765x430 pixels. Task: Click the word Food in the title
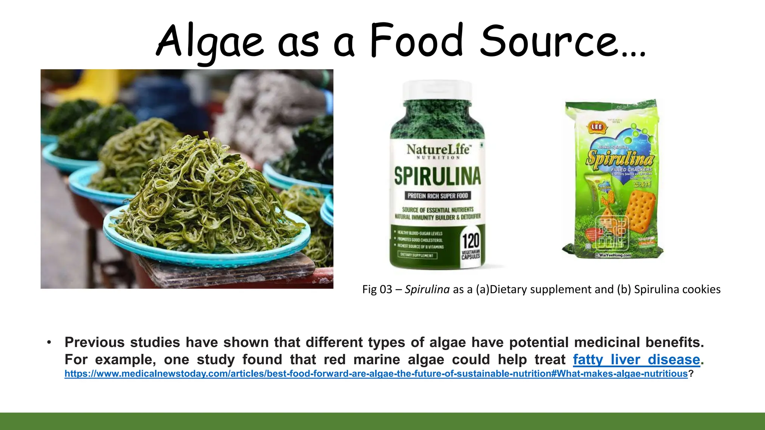pyautogui.click(x=417, y=41)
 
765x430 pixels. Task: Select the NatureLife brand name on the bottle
pyautogui.click(x=438, y=150)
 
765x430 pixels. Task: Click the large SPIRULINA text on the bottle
pyautogui.click(x=437, y=176)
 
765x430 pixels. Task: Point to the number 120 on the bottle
pyautogui.click(x=471, y=241)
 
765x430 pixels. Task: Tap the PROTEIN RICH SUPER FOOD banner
pyautogui.click(x=437, y=196)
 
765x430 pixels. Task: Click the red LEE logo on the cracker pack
pyautogui.click(x=597, y=127)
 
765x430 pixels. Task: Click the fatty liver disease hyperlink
pyautogui.click(x=636, y=359)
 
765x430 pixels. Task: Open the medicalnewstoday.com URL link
pyautogui.click(x=376, y=374)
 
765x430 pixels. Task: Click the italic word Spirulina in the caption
pyautogui.click(x=427, y=289)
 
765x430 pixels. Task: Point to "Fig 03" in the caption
pyautogui.click(x=377, y=289)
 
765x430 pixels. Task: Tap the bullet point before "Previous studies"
pyautogui.click(x=49, y=342)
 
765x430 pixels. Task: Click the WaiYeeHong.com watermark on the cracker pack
pyautogui.click(x=614, y=255)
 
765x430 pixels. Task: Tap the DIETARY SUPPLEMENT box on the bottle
pyautogui.click(x=416, y=255)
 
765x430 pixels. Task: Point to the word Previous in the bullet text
pyautogui.click(x=95, y=342)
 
